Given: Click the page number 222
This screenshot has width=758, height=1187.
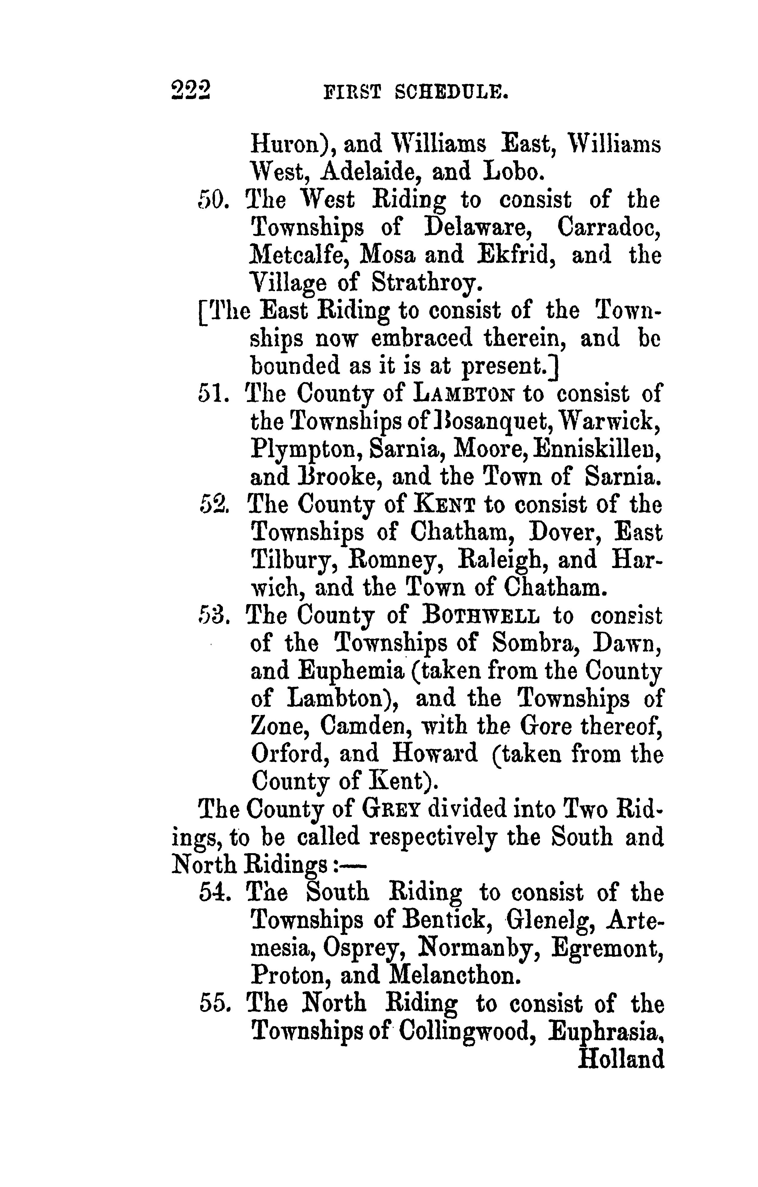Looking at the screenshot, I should [191, 90].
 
